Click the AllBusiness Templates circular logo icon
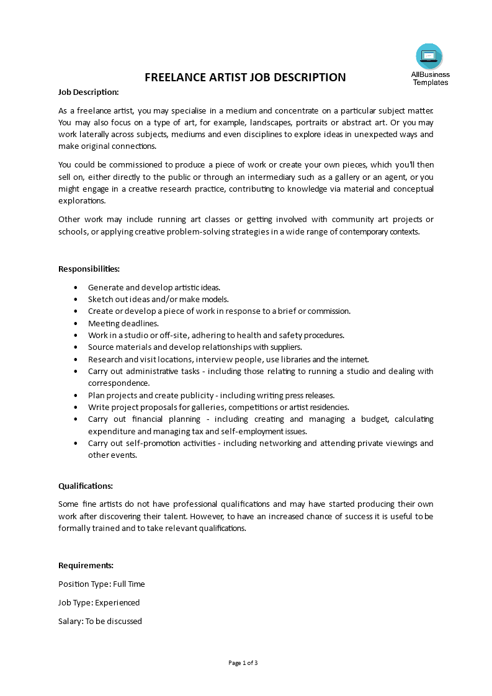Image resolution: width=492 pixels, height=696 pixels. tap(429, 56)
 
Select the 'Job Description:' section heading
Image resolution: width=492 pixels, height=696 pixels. tap(88, 92)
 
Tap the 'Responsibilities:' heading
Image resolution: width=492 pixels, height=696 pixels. tap(89, 269)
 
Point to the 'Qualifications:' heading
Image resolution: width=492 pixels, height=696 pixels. tap(86, 486)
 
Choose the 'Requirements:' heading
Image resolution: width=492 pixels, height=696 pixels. tap(86, 565)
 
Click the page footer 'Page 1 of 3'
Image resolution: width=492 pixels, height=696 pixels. tap(243, 663)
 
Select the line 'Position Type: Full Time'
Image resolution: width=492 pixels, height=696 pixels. tap(101, 584)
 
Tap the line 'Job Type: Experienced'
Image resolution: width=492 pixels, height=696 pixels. tap(99, 602)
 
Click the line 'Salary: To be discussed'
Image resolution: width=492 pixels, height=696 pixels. tap(100, 621)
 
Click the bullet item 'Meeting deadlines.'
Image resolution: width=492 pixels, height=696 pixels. tap(123, 323)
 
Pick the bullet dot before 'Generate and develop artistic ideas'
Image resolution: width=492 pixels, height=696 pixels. tap(76, 287)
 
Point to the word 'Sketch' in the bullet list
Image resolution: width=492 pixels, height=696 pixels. tap(101, 299)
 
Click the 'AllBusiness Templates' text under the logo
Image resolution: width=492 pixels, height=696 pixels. tap(430, 78)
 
